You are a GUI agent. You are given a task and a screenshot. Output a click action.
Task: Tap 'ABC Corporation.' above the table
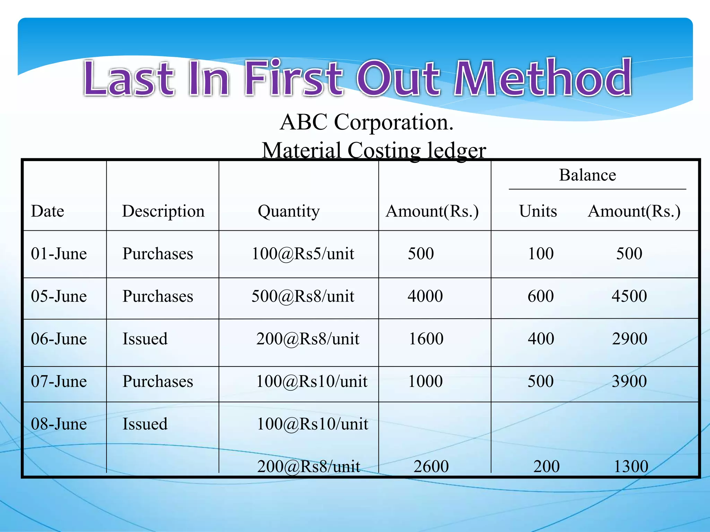pos(366,122)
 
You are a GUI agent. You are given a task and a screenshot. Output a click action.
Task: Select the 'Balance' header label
pos(587,175)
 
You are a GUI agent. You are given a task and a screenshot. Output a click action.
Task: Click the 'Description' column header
pos(163,211)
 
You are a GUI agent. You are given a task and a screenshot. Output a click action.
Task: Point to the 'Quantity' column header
pos(288,211)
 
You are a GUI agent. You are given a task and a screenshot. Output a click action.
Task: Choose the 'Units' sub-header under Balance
pos(538,211)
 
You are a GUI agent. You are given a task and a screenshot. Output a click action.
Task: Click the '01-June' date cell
pos(59,254)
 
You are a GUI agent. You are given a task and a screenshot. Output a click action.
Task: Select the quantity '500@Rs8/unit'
pos(303,296)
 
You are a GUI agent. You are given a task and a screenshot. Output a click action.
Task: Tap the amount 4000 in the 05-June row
pos(425,296)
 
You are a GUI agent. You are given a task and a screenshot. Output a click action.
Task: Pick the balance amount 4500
pos(629,296)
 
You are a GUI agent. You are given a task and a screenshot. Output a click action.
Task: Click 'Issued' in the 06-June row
pos(145,339)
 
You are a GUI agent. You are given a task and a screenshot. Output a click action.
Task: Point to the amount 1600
pos(426,339)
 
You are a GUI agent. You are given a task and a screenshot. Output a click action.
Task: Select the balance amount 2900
pos(630,339)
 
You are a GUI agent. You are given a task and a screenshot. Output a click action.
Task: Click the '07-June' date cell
pos(59,382)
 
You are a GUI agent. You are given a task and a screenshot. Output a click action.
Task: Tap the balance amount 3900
pos(629,382)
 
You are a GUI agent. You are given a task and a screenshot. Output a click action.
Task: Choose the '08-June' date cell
pos(59,424)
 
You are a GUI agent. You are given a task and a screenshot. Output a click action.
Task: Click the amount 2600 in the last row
pos(431,467)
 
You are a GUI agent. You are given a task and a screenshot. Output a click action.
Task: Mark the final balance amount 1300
pos(631,467)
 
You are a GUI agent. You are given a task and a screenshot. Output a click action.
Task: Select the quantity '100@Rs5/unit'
pos(303,254)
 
